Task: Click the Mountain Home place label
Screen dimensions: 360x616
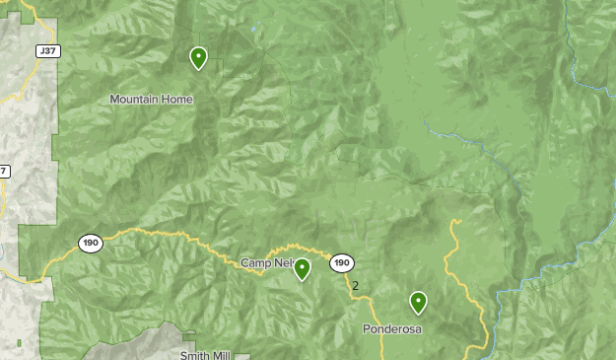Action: (151, 99)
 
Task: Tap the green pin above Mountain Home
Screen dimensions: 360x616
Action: (199, 58)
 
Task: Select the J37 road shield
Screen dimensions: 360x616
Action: (45, 50)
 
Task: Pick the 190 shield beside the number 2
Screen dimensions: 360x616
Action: (342, 263)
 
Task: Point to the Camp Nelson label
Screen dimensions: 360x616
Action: (267, 263)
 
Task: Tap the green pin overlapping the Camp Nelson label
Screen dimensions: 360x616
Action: (303, 268)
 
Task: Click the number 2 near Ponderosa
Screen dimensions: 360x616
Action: (355, 286)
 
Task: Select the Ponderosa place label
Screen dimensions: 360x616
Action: (391, 328)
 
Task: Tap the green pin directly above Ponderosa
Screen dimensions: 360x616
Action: (418, 302)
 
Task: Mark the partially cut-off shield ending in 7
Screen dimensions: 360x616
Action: (3, 172)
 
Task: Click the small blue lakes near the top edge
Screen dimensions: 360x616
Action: (255, 30)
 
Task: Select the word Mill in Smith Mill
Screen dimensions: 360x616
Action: (227, 354)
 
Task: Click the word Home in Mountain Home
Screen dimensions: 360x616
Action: (178, 99)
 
